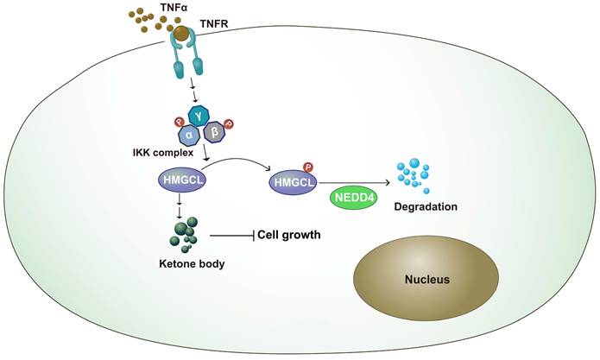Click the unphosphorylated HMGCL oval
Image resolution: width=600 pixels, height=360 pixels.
tap(180, 181)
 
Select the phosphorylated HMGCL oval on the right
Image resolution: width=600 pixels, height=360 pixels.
tap(292, 183)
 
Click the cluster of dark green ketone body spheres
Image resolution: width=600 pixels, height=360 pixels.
tap(180, 234)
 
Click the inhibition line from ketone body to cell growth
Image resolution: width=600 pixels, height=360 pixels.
tap(229, 235)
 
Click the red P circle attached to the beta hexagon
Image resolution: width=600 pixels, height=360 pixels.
tap(229, 123)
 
